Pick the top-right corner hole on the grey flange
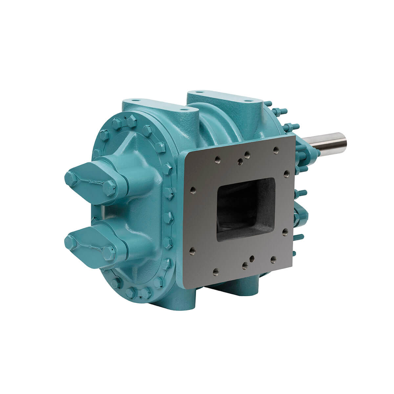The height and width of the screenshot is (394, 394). [x=275, y=150]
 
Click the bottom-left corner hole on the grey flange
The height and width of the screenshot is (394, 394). [x=216, y=271]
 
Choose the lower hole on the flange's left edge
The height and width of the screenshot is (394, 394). [x=192, y=251]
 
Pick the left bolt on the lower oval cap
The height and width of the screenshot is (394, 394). [x=71, y=243]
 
